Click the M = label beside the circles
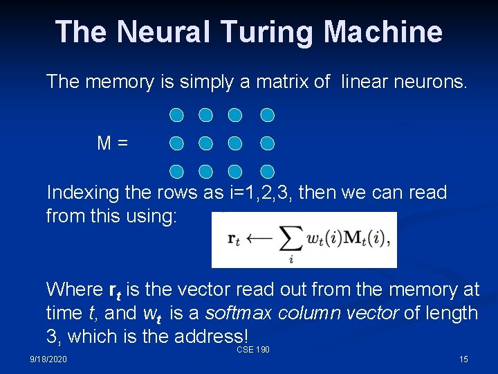point(112,143)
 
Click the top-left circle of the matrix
point(176,114)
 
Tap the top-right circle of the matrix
point(268,114)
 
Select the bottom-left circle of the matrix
point(176,171)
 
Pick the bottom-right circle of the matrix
point(268,171)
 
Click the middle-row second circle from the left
point(205,143)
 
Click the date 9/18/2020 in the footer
point(48,359)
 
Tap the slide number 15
point(463,359)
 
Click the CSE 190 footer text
point(253,350)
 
